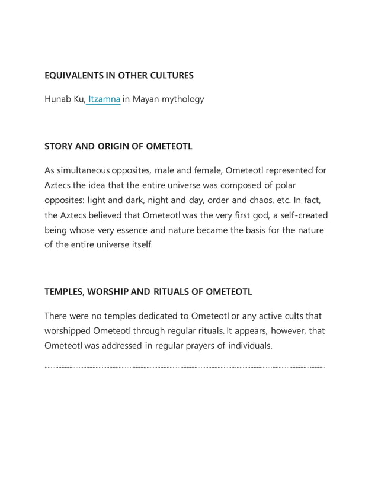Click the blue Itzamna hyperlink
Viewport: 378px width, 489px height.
104,99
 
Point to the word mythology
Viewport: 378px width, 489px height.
183,99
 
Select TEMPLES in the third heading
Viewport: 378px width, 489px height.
65,292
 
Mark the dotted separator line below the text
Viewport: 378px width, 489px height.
185,368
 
